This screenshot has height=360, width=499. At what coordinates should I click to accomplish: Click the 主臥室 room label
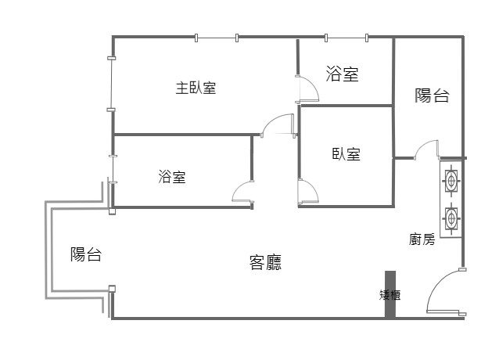(196, 88)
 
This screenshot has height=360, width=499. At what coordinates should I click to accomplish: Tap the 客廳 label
(265, 263)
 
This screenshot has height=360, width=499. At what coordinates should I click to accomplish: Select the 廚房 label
(422, 239)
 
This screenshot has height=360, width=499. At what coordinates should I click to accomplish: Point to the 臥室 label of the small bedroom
(346, 154)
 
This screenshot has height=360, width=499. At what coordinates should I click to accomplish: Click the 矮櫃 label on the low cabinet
(390, 295)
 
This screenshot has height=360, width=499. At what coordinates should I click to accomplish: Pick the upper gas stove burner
(451, 181)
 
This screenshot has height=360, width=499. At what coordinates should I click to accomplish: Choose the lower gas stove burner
(451, 218)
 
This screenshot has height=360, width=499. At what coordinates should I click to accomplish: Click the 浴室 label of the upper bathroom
(342, 74)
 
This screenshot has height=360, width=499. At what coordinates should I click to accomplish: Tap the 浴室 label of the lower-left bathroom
(172, 177)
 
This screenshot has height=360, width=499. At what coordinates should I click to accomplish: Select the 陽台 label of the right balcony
(432, 95)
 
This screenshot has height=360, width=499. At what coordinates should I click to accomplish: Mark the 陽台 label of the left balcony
(86, 254)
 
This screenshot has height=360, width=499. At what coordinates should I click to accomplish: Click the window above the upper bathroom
(346, 38)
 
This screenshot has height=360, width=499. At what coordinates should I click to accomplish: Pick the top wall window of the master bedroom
(217, 38)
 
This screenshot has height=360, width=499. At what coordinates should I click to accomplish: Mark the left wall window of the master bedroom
(111, 84)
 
